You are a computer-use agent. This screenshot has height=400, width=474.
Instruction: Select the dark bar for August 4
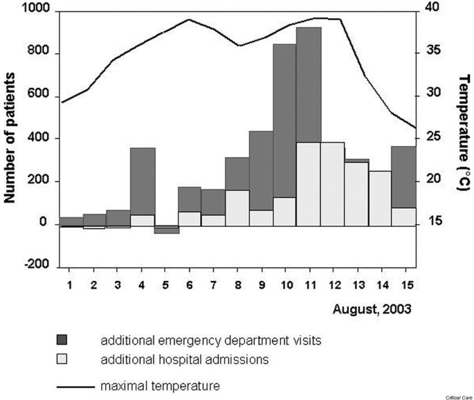143,181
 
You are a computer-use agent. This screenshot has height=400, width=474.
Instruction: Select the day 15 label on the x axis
403,285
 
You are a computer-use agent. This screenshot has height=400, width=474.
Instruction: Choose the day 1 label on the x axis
71,285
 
